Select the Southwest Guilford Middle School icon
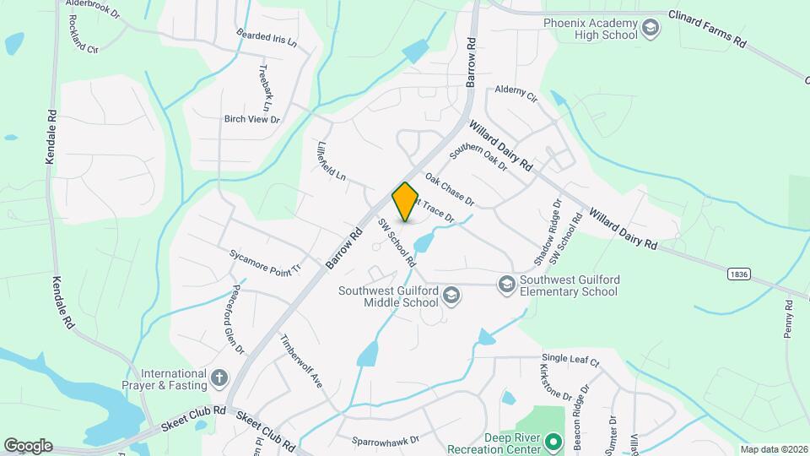click(x=451, y=295)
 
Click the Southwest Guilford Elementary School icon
click(x=506, y=284)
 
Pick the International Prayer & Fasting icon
click(x=219, y=378)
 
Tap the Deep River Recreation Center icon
click(x=553, y=442)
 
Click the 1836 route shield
click(x=737, y=274)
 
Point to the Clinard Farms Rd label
click(x=707, y=28)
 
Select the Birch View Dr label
click(x=251, y=119)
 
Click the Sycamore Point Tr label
click(x=265, y=261)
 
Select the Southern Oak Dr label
click(x=478, y=157)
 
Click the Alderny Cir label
click(x=516, y=92)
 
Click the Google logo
click(x=28, y=446)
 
